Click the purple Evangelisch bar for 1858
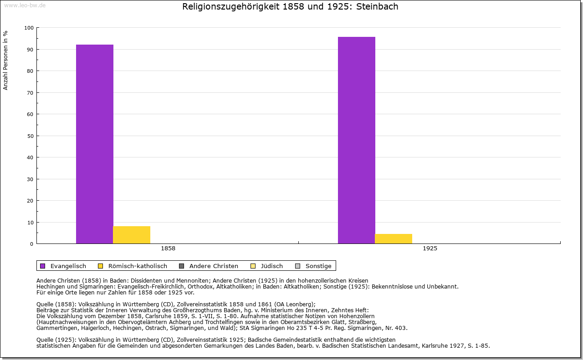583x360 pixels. tap(95, 144)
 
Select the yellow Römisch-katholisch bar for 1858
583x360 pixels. tap(132, 235)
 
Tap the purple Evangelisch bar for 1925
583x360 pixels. tap(357, 140)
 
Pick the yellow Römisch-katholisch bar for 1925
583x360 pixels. tap(394, 238)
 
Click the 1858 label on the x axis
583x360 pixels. tap(168, 249)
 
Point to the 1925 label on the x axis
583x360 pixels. tap(430, 249)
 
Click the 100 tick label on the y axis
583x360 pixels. tap(29, 28)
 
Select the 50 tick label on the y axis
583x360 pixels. tap(31, 136)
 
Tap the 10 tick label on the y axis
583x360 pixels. tap(31, 223)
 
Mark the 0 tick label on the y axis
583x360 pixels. tap(32, 244)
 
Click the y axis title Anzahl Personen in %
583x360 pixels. tap(6, 60)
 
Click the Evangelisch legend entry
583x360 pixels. tap(68, 266)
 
